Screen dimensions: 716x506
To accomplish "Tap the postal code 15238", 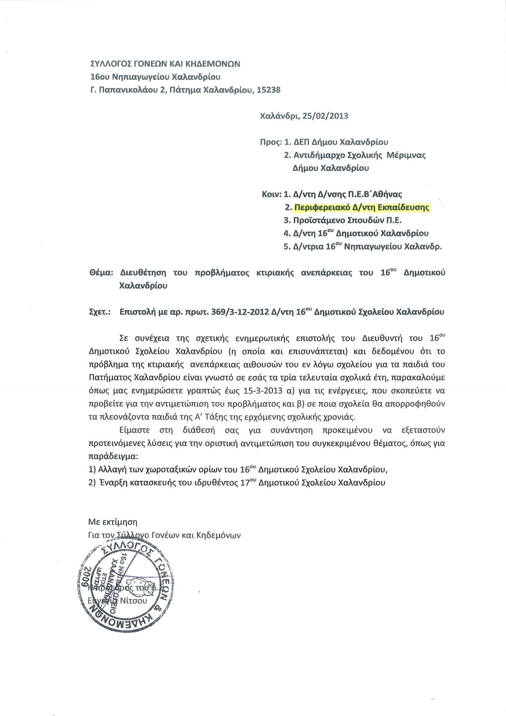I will [266, 90].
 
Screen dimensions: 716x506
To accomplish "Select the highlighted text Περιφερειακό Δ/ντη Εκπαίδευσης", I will [361, 208].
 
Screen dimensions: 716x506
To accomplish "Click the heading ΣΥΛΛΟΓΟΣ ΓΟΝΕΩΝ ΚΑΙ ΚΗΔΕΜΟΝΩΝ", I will [165, 64].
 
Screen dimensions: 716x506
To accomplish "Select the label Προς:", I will [270, 142].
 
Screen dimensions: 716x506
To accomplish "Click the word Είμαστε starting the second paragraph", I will [133, 430].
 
